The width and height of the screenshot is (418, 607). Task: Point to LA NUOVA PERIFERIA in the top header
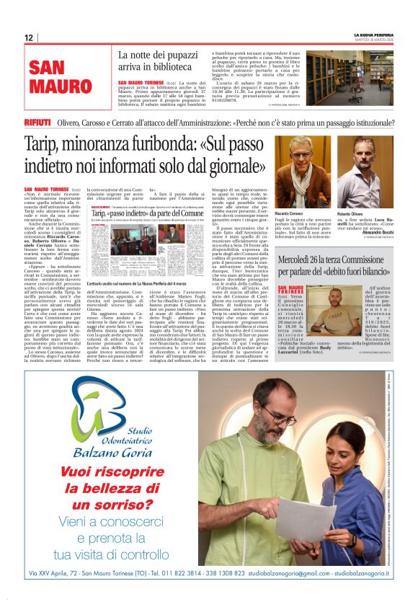[x=373, y=34]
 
